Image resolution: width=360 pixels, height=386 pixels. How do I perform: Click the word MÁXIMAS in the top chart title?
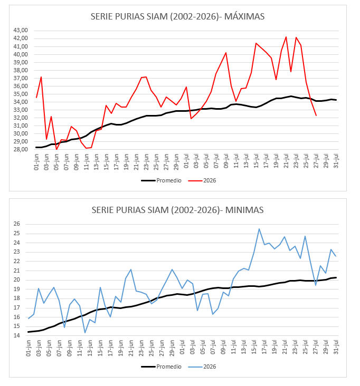pyautogui.click(x=244, y=16)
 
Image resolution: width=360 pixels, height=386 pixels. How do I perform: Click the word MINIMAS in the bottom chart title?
pyautogui.click(x=244, y=210)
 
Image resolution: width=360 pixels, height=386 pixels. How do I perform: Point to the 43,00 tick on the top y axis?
pyautogui.click(x=21, y=30)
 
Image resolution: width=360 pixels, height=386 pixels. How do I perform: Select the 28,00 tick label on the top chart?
pyautogui.click(x=21, y=149)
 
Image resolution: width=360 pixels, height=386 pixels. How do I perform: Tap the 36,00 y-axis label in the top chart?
pyautogui.click(x=21, y=86)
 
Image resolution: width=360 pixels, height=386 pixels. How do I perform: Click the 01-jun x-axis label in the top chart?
pyautogui.click(x=36, y=162)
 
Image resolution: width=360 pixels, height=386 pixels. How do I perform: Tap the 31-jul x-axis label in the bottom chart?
pyautogui.click(x=336, y=348)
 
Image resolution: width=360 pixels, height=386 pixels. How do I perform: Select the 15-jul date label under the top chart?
pyautogui.click(x=256, y=161)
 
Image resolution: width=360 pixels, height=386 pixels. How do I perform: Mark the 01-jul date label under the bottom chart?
pyautogui.click(x=182, y=348)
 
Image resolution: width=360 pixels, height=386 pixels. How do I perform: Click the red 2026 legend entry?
pyautogui.click(x=202, y=181)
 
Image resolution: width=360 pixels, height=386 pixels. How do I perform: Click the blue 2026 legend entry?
pyautogui.click(x=202, y=367)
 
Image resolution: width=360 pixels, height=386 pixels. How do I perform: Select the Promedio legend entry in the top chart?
pyautogui.click(x=162, y=181)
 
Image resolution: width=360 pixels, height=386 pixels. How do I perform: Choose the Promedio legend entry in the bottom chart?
pyautogui.click(x=162, y=367)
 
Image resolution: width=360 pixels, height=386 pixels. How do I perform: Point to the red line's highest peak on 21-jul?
pyautogui.click(x=286, y=37)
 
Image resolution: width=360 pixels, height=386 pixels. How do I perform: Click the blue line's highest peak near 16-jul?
pyautogui.click(x=259, y=229)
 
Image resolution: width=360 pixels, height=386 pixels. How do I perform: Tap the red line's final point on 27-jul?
pyautogui.click(x=316, y=115)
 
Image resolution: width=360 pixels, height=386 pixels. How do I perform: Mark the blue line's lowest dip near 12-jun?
pyautogui.click(x=85, y=333)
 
